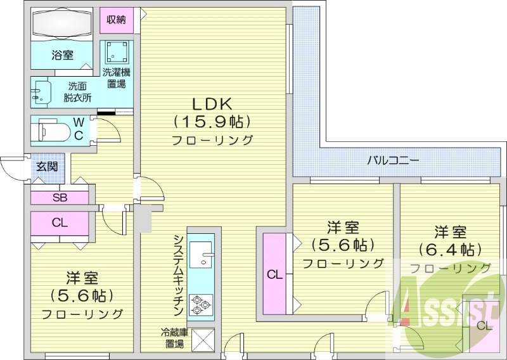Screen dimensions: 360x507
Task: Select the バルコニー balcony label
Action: [x=393, y=160]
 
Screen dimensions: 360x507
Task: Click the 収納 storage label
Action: [x=116, y=20]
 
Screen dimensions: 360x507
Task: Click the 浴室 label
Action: [x=62, y=55]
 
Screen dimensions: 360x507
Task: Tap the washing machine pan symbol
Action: [x=118, y=51]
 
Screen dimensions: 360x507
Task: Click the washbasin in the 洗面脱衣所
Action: [x=41, y=93]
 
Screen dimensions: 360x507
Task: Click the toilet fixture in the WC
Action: [x=51, y=131]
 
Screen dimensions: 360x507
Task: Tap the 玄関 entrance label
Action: [x=47, y=167]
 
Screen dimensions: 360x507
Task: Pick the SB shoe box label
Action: [x=60, y=197]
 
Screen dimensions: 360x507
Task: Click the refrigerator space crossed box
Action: [x=203, y=340]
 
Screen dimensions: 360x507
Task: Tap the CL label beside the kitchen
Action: [x=274, y=275]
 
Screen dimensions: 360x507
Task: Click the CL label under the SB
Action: [x=60, y=222]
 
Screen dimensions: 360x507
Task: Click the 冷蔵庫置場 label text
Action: [x=175, y=338]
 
